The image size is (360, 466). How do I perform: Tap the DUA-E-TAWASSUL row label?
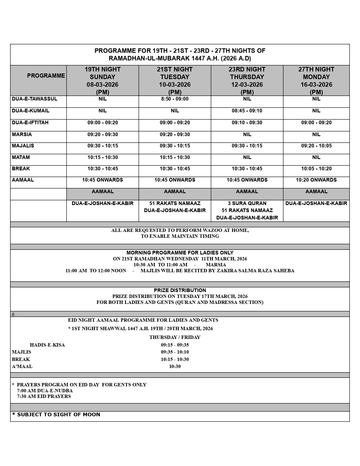(x=34, y=99)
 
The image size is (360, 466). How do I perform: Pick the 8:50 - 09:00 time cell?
(x=175, y=99)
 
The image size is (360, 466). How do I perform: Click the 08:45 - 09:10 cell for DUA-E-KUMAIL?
(x=247, y=111)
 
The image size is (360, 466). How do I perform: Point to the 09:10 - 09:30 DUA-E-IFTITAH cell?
(x=247, y=123)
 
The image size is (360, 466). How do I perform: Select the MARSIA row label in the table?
(x=22, y=134)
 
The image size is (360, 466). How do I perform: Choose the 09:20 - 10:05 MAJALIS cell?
(x=316, y=146)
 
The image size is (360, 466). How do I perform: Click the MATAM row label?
(x=21, y=157)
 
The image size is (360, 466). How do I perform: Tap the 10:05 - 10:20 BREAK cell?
(x=316, y=169)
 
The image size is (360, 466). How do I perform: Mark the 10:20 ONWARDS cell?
(x=316, y=180)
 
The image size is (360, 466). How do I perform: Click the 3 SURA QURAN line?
(x=247, y=203)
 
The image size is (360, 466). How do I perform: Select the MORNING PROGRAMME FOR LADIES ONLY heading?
(x=180, y=253)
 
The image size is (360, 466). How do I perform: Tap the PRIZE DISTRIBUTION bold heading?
(x=180, y=290)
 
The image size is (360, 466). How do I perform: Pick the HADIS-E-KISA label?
(x=47, y=345)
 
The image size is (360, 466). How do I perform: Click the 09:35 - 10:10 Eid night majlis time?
(x=175, y=352)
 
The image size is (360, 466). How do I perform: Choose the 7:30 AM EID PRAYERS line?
(x=44, y=396)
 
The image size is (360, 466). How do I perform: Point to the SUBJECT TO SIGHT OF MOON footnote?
(x=56, y=415)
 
